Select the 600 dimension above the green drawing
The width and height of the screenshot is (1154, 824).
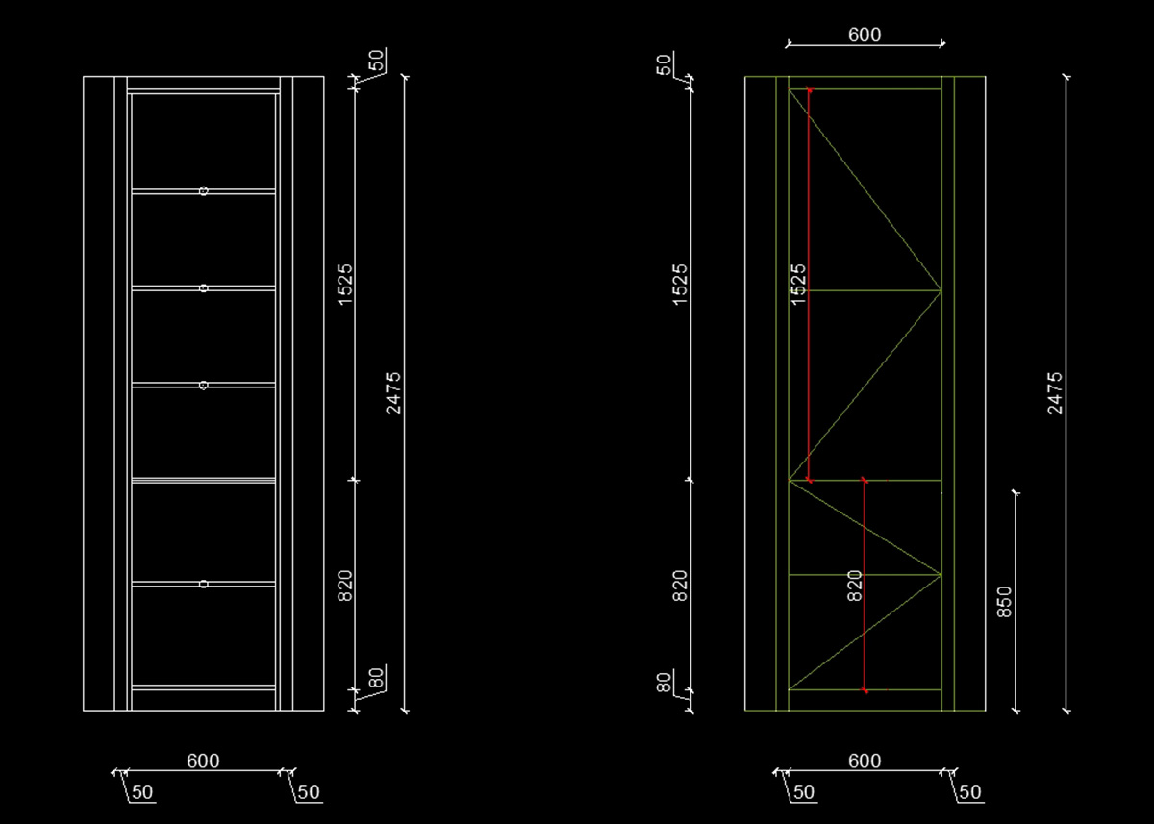[x=865, y=35]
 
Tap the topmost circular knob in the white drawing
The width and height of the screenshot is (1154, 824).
[x=204, y=191]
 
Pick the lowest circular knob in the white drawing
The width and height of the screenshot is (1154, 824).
[x=204, y=584]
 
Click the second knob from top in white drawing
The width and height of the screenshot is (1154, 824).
[x=204, y=287]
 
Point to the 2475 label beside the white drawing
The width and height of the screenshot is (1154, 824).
[x=393, y=392]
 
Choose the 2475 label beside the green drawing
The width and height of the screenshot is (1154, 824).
[x=1055, y=392]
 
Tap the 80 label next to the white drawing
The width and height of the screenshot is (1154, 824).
[x=376, y=678]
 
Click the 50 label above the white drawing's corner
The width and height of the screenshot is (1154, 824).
[x=377, y=60]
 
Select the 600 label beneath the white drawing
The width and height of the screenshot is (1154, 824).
[x=203, y=761]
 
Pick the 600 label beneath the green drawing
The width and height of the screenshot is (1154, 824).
[x=865, y=761]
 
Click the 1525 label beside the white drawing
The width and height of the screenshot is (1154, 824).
[x=345, y=285]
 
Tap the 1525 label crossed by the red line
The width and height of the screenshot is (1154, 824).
[x=797, y=285]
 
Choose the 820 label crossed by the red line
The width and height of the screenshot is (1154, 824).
[x=854, y=586]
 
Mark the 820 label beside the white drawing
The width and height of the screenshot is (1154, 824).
[x=345, y=586]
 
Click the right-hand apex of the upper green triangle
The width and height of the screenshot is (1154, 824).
[x=941, y=289]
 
